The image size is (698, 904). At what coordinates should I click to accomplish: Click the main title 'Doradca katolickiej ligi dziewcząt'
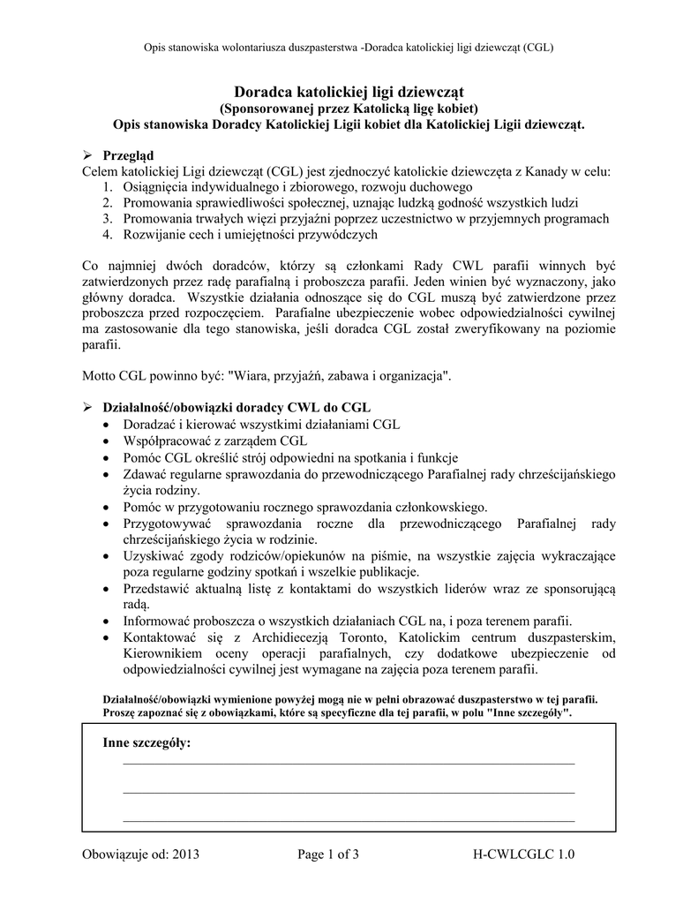coord(349,92)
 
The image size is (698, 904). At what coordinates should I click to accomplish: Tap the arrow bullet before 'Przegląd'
coord(87,155)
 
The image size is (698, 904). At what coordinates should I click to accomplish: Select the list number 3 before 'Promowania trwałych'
coord(106,218)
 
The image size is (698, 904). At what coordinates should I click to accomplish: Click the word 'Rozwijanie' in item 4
coord(154,234)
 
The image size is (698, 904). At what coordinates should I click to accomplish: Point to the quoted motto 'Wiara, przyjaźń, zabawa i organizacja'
coord(337,375)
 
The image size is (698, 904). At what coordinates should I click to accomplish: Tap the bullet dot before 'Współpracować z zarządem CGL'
coord(106,441)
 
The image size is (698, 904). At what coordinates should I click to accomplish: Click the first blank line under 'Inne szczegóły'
coord(349,763)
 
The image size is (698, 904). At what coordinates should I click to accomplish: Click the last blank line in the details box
coord(349,821)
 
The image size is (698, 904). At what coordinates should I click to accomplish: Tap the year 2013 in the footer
coord(186,854)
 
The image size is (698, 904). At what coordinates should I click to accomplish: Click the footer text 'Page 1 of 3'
coord(328,854)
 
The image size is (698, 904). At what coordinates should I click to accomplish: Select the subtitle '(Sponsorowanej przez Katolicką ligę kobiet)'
coord(349,108)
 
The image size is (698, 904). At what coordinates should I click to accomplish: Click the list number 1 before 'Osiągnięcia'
coord(106,187)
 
